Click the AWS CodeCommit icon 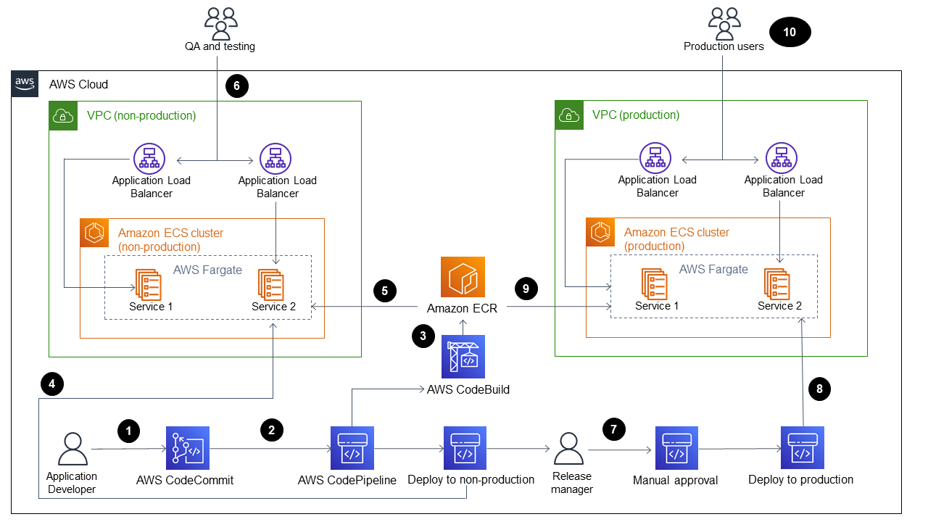click(187, 448)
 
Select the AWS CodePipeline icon click(352, 448)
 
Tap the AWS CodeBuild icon click(463, 357)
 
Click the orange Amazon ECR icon click(463, 278)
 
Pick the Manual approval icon click(676, 448)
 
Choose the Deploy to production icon click(803, 448)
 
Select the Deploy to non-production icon click(465, 448)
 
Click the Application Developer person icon click(72, 449)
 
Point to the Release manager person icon click(572, 449)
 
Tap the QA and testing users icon click(220, 23)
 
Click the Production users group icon click(724, 23)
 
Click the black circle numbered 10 click(790, 33)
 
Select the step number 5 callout click(384, 291)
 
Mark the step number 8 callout click(819, 389)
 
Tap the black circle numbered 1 click(128, 431)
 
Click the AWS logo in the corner click(25, 84)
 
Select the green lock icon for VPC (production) click(569, 115)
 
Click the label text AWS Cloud click(78, 84)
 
